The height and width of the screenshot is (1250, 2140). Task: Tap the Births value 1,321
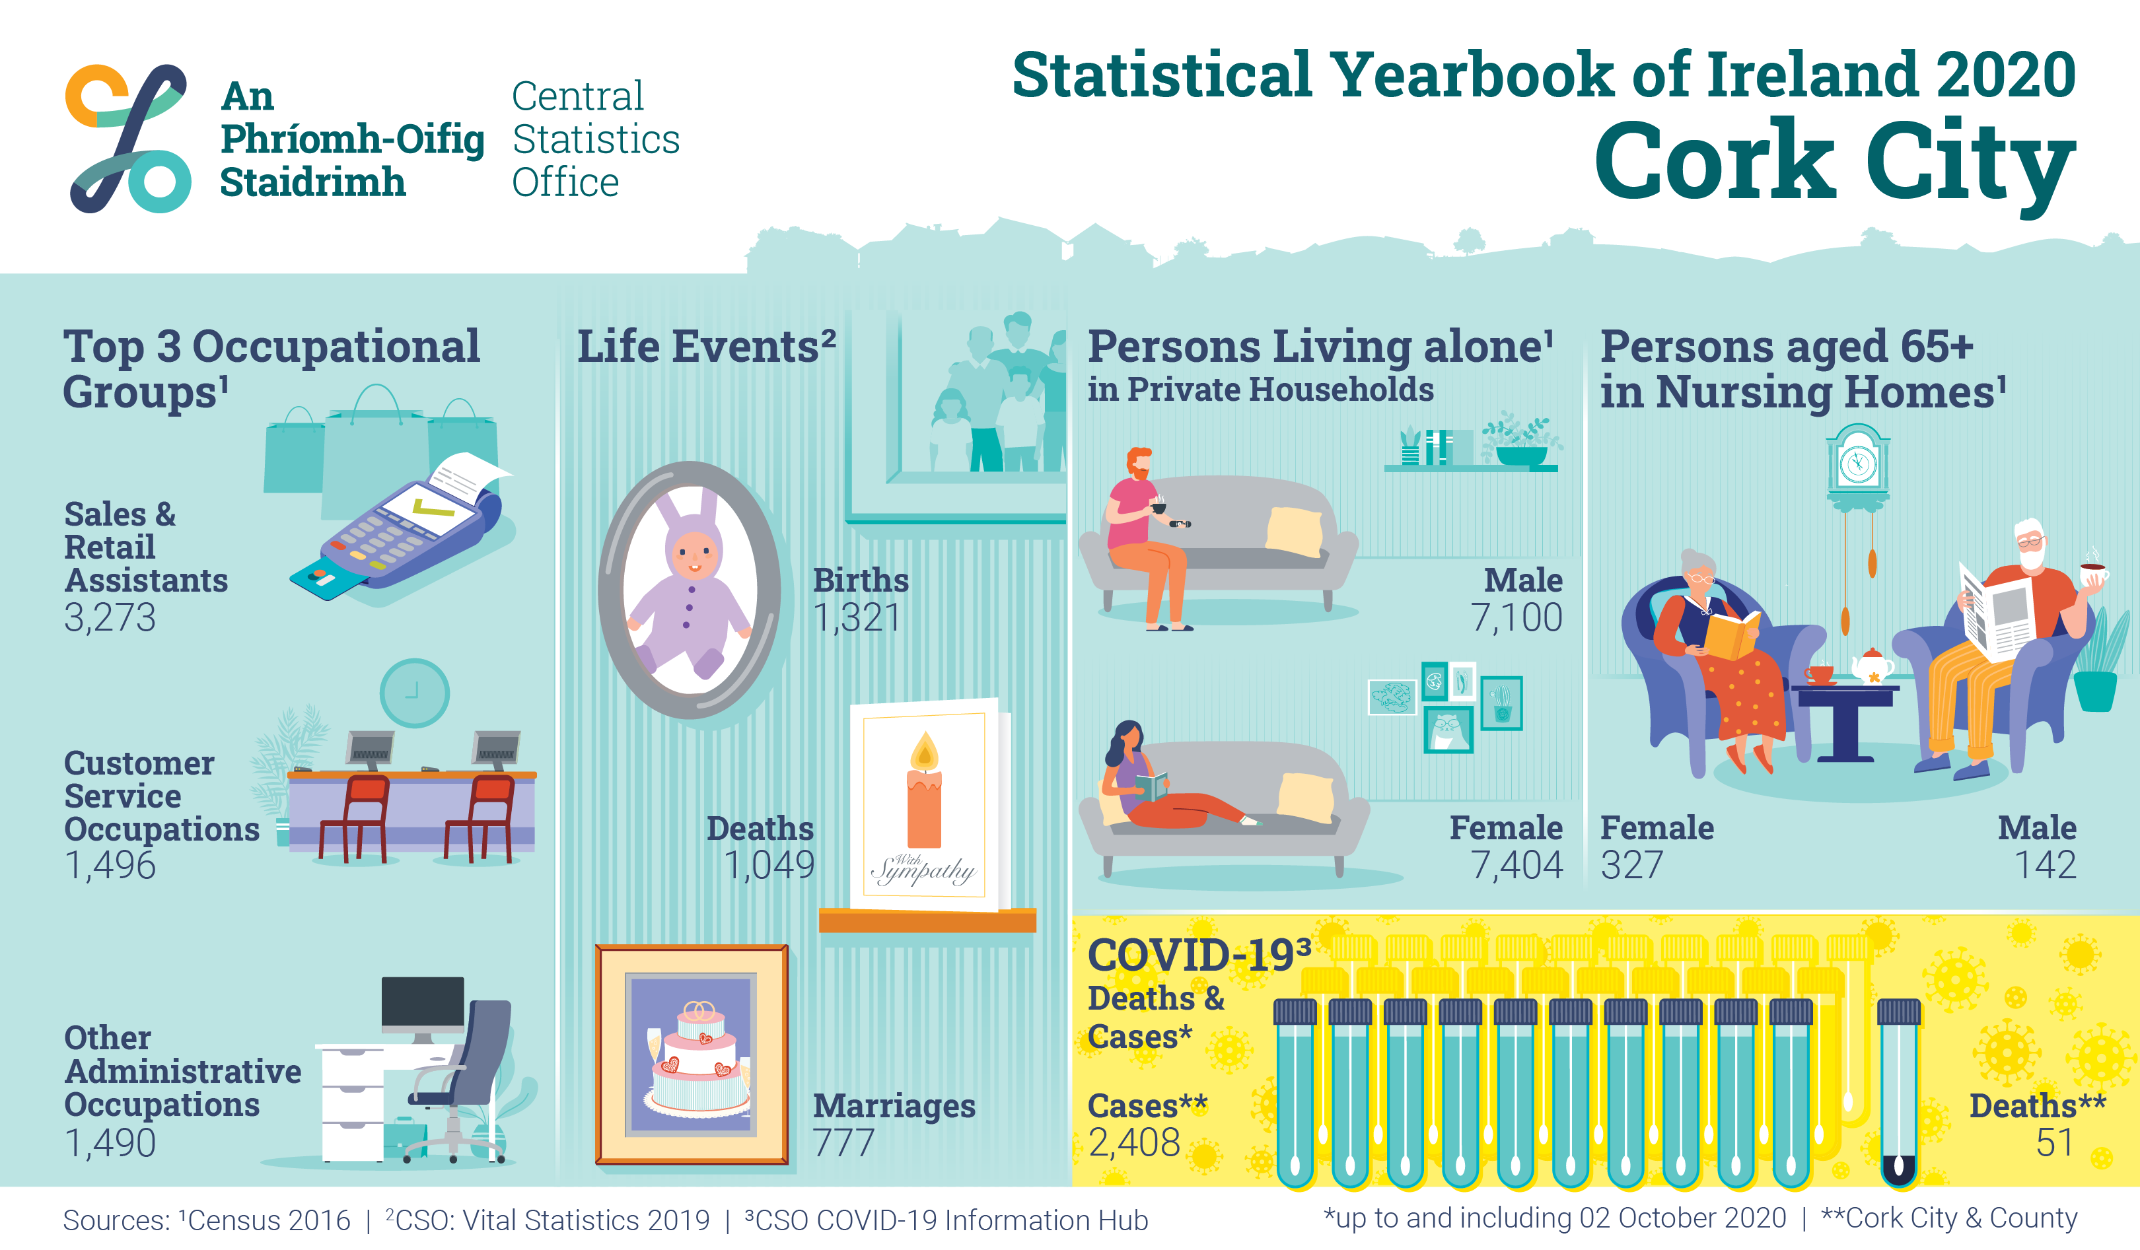pos(857,617)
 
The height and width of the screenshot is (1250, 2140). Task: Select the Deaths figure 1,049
pos(769,864)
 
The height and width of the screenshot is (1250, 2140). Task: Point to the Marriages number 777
pos(843,1142)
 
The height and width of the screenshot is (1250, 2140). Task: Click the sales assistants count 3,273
pos(110,617)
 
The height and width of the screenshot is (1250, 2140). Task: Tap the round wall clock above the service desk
pos(413,693)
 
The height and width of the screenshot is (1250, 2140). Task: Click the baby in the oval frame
pos(690,586)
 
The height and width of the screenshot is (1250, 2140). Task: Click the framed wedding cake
pos(692,1054)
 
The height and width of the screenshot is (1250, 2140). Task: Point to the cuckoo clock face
pos(1858,464)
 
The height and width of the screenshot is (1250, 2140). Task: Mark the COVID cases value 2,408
pos(1135,1142)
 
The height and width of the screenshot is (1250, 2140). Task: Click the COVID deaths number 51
pos(2055,1142)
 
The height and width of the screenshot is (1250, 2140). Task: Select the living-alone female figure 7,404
pos(1516,864)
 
